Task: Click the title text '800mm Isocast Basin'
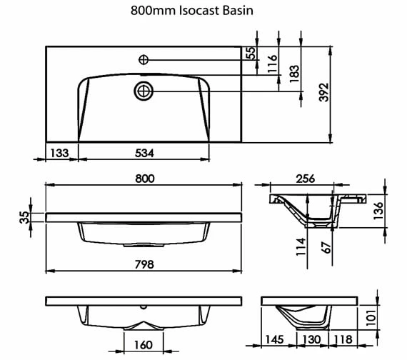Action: tap(192, 11)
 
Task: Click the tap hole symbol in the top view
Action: tap(144, 60)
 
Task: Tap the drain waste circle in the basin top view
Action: tap(144, 91)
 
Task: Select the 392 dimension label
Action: tap(324, 92)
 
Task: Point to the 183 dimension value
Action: tap(294, 74)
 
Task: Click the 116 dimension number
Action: tap(273, 64)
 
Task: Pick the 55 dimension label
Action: tap(251, 53)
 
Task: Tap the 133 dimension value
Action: tap(59, 153)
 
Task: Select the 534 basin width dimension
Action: tap(144, 153)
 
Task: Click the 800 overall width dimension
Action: tap(145, 179)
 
